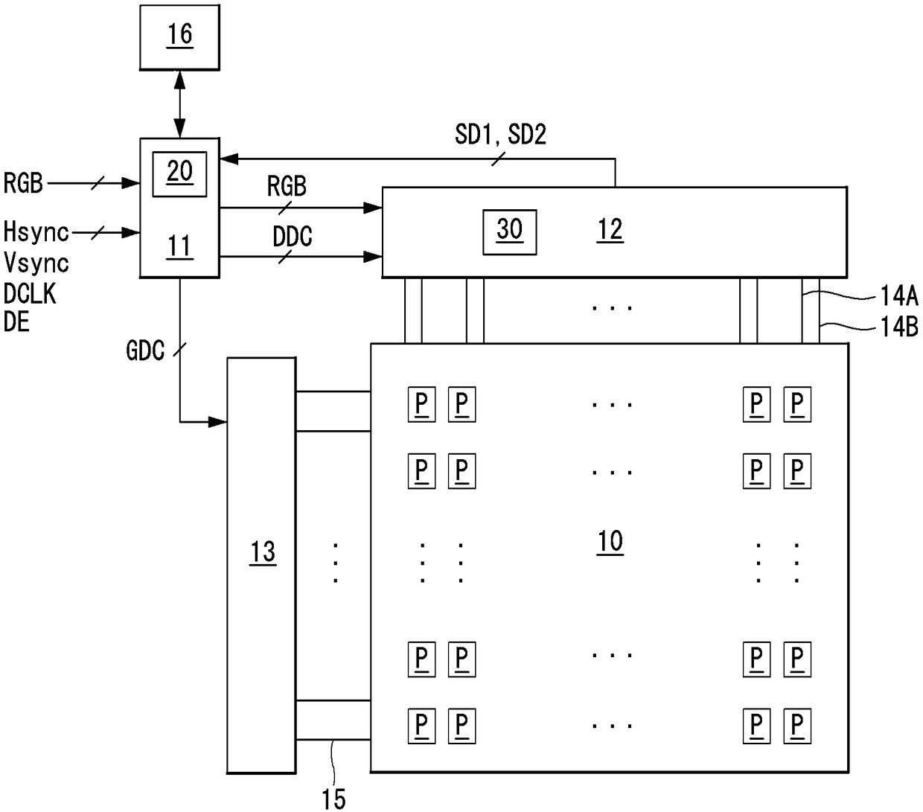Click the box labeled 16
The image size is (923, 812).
pyautogui.click(x=179, y=37)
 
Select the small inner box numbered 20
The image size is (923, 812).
pyautogui.click(x=179, y=174)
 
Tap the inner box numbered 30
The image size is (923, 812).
pyautogui.click(x=509, y=232)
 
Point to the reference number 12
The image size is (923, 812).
pyautogui.click(x=610, y=229)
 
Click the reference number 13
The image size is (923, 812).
pyautogui.click(x=263, y=552)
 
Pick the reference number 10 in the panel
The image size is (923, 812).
pyautogui.click(x=610, y=541)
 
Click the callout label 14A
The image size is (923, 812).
pyautogui.click(x=899, y=295)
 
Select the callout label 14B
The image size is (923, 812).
pyautogui.click(x=899, y=327)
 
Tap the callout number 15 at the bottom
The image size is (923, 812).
pyautogui.click(x=333, y=799)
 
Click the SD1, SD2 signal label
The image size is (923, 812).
pyautogui.click(x=500, y=134)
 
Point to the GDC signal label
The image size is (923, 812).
pyautogui.click(x=145, y=351)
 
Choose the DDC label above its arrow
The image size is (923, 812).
pyautogui.click(x=292, y=237)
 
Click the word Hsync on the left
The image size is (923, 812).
pyautogui.click(x=36, y=231)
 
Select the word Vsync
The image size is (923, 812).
pyautogui.click(x=36, y=263)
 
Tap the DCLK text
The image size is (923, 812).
pyautogui.click(x=30, y=293)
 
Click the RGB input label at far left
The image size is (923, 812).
pyautogui.click(x=23, y=183)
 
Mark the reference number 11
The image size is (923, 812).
pyautogui.click(x=179, y=246)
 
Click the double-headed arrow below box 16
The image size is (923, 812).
pyautogui.click(x=179, y=104)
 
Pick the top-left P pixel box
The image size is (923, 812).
pyautogui.click(x=421, y=404)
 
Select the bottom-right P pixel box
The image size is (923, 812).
pyautogui.click(x=796, y=726)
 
